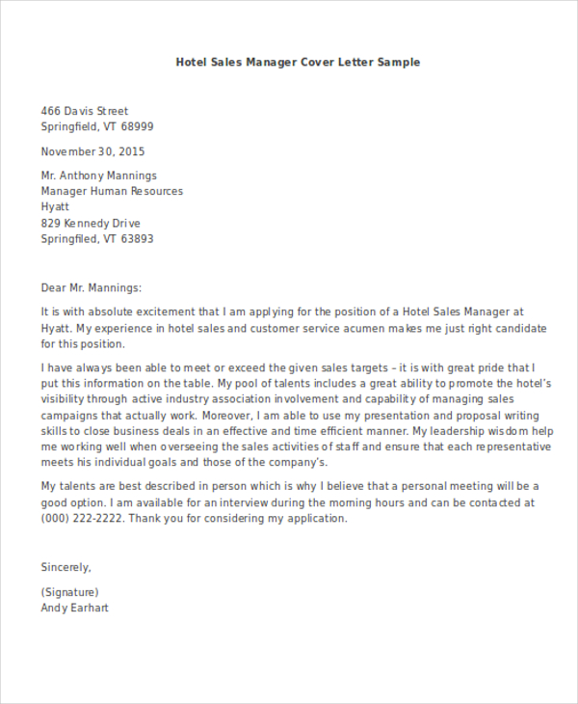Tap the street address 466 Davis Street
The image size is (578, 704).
pyautogui.click(x=85, y=111)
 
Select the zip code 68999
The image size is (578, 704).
pyautogui.click(x=136, y=126)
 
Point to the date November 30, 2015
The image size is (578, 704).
pyautogui.click(x=92, y=151)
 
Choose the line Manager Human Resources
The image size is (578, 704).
pyautogui.click(x=112, y=191)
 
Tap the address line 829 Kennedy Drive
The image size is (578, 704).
pyautogui.click(x=96, y=223)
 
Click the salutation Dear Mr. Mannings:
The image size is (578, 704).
pyautogui.click(x=91, y=286)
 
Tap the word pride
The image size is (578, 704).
pyautogui.click(x=493, y=367)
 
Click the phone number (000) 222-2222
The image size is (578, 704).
pyautogui.click(x=81, y=518)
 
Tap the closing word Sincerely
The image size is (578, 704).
pyautogui.click(x=66, y=567)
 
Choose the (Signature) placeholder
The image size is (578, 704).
pyautogui.click(x=70, y=591)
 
